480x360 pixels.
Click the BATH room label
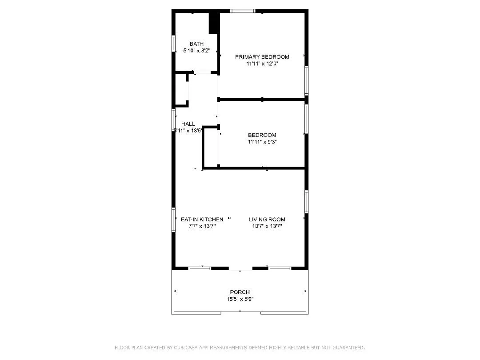pos(196,44)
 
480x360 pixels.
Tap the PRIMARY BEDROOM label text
pos(262,56)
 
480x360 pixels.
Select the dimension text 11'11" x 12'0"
pos(262,64)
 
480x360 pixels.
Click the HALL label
pos(188,124)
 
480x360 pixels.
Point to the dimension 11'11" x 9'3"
pos(262,142)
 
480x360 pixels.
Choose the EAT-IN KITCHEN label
pos(202,219)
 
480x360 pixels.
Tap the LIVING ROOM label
pos(267,219)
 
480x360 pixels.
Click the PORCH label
pos(240,292)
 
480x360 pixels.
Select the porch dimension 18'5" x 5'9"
pos(240,299)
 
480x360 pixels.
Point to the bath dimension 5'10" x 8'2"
pos(196,51)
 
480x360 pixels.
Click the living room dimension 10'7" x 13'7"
pos(267,226)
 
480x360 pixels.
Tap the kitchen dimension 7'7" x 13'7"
pos(202,226)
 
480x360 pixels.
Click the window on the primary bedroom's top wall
pos(243,11)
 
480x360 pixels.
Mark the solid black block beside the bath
pos(214,22)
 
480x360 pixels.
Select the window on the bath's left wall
pos(174,44)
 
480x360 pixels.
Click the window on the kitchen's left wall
pos(174,219)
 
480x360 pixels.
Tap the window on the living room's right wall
pos(306,201)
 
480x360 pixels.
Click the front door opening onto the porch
pos(240,268)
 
